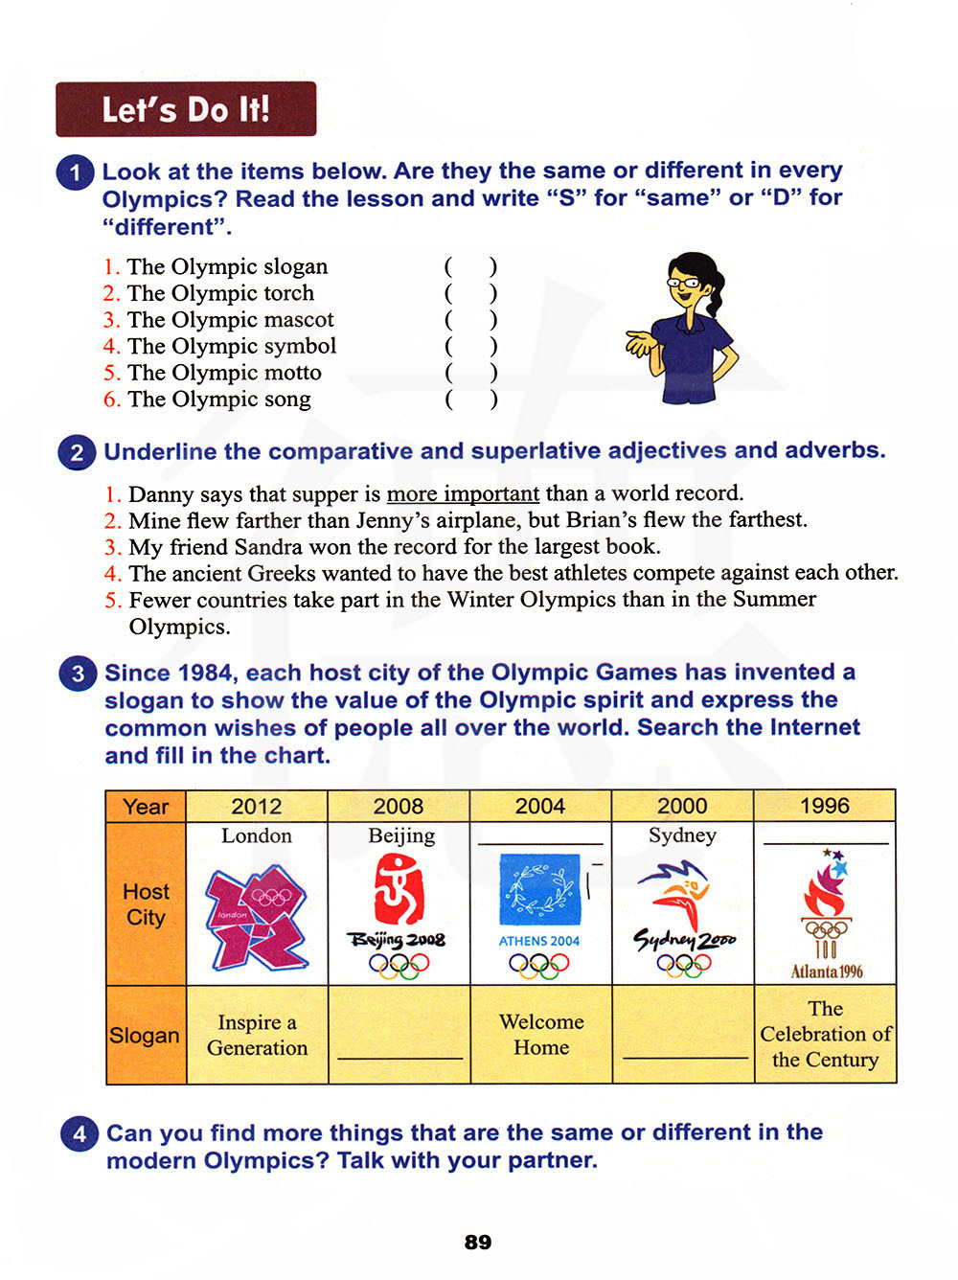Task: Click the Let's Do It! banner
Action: [186, 109]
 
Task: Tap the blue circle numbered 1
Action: [76, 173]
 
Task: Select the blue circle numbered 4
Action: [80, 1134]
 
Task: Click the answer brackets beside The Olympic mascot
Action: [470, 319]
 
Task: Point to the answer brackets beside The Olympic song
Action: [470, 399]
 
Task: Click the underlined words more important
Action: [463, 493]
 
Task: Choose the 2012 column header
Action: [257, 807]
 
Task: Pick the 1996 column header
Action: [825, 806]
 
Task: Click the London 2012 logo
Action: [257, 916]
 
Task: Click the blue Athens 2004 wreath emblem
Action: [540, 890]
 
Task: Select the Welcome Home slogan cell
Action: [541, 1035]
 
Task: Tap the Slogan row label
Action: [145, 1036]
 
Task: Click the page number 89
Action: [477, 1242]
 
